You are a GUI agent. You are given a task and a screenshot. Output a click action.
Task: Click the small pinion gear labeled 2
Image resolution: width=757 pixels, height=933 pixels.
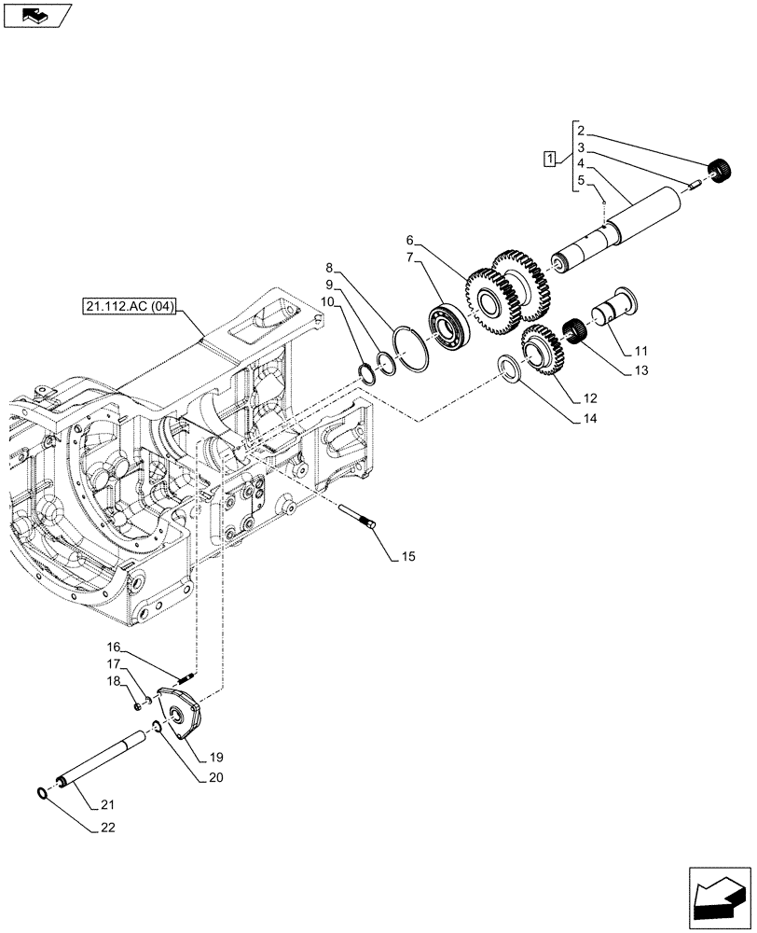pyautogui.click(x=719, y=172)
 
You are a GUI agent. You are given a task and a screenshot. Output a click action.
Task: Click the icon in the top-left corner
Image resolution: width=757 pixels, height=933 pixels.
pyautogui.click(x=36, y=15)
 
